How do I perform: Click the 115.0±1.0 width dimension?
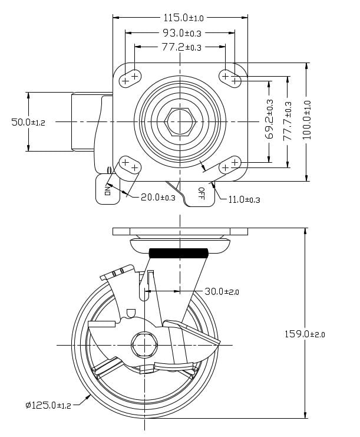click(180, 18)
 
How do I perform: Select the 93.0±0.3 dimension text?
click(180, 33)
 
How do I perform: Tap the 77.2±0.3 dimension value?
click(180, 47)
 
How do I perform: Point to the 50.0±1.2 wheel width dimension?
click(28, 122)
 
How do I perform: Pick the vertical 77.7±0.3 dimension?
click(288, 121)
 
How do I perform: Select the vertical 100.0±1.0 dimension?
click(307, 120)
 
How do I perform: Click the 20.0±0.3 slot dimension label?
click(158, 198)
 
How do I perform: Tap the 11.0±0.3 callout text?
click(244, 199)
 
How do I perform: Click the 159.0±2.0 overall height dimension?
click(305, 334)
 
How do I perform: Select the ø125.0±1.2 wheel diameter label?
click(48, 405)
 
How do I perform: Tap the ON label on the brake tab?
click(108, 190)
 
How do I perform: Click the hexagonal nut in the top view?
click(180, 121)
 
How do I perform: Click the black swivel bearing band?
click(180, 254)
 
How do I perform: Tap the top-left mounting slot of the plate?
click(130, 78)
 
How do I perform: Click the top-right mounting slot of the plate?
click(230, 77)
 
